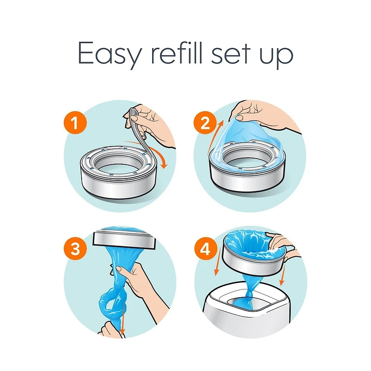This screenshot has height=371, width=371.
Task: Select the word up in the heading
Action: point(278,57)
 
